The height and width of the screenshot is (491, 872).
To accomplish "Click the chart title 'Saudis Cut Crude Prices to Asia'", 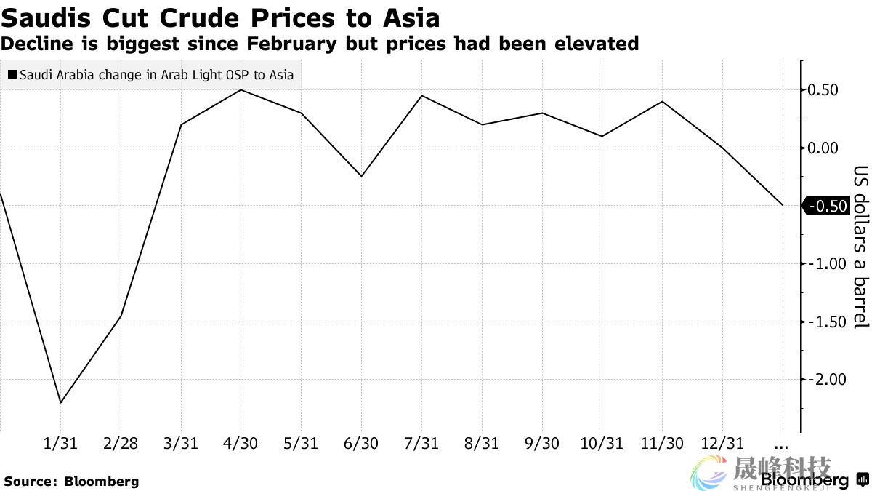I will coord(220,17).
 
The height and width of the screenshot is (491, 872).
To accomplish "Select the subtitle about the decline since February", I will coord(320,44).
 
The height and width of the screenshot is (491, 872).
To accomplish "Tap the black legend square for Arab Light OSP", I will coord(12,75).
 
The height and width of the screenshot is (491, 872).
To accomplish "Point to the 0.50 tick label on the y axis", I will coord(827,90).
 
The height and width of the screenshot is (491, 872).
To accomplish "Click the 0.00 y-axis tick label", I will coord(827,148).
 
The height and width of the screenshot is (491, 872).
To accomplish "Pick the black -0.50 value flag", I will coord(827,206).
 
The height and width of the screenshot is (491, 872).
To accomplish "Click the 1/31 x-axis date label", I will coord(60,444).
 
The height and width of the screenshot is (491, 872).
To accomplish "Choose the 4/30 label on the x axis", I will coord(241,444).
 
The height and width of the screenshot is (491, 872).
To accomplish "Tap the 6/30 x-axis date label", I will coord(361,444).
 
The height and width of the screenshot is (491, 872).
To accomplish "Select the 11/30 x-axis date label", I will coord(662,444).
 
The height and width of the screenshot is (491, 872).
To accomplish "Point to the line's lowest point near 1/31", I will coord(60,402).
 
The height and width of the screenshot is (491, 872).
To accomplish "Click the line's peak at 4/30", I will coord(241,90).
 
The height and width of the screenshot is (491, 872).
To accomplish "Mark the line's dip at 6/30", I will coord(361,177).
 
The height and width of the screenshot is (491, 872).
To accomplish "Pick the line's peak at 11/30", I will coord(662,101).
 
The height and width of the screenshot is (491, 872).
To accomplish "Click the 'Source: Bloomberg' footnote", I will coord(71,481).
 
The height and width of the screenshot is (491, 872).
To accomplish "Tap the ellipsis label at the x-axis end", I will coord(782,444).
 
